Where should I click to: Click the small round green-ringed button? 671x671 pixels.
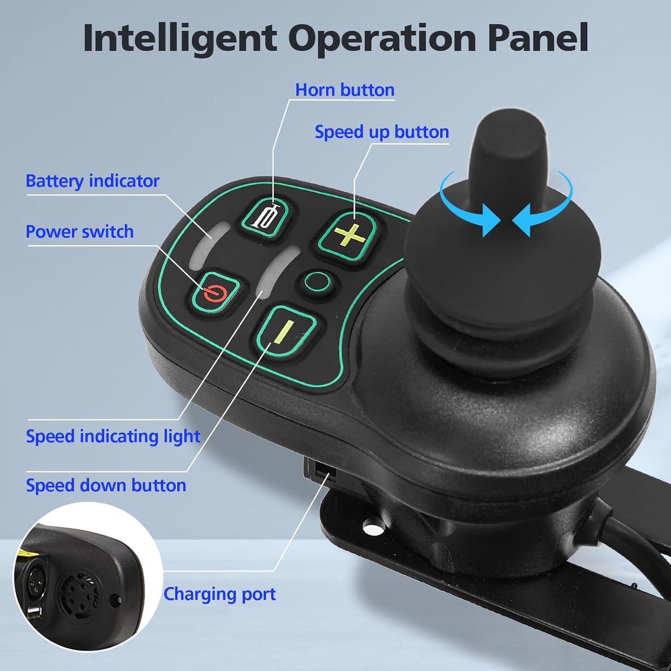coord(317,281)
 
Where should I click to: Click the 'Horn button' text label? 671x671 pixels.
coord(345,90)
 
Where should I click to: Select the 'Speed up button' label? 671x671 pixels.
coord(382,132)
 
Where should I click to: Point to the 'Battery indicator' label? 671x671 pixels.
coord(92,181)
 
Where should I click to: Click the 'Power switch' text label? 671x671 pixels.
coord(79,232)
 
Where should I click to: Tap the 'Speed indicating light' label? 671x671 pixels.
coord(113,436)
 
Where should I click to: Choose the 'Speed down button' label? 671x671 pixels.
coord(106,485)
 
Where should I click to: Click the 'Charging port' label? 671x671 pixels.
coord(219,594)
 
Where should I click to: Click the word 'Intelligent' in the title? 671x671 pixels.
coord(180,38)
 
